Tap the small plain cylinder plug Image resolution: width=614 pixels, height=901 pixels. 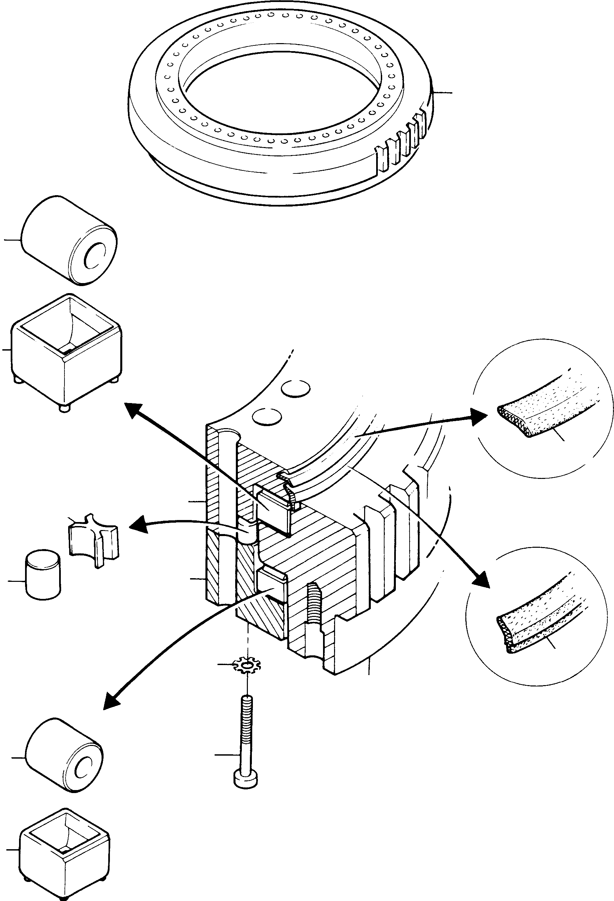[43, 574]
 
